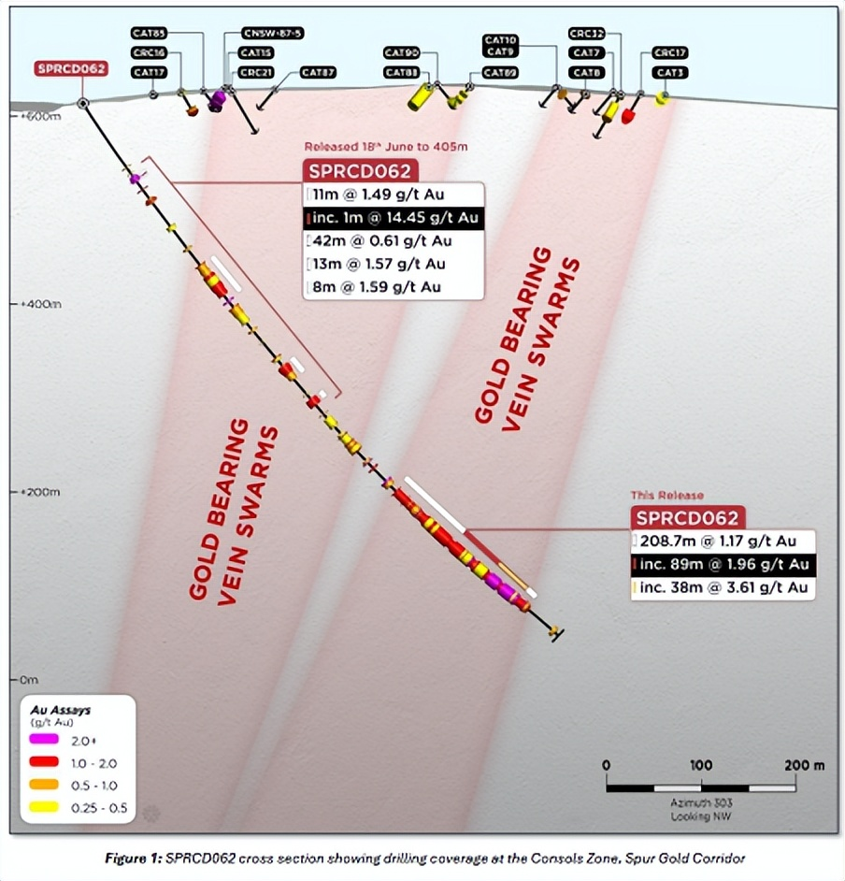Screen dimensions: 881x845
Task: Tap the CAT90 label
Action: point(402,52)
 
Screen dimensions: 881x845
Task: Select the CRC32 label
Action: point(587,33)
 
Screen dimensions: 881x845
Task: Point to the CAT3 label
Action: point(669,72)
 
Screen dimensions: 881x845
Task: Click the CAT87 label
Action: point(318,72)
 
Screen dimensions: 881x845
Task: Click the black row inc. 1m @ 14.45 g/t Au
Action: point(393,219)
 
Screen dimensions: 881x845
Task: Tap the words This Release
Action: point(667,495)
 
